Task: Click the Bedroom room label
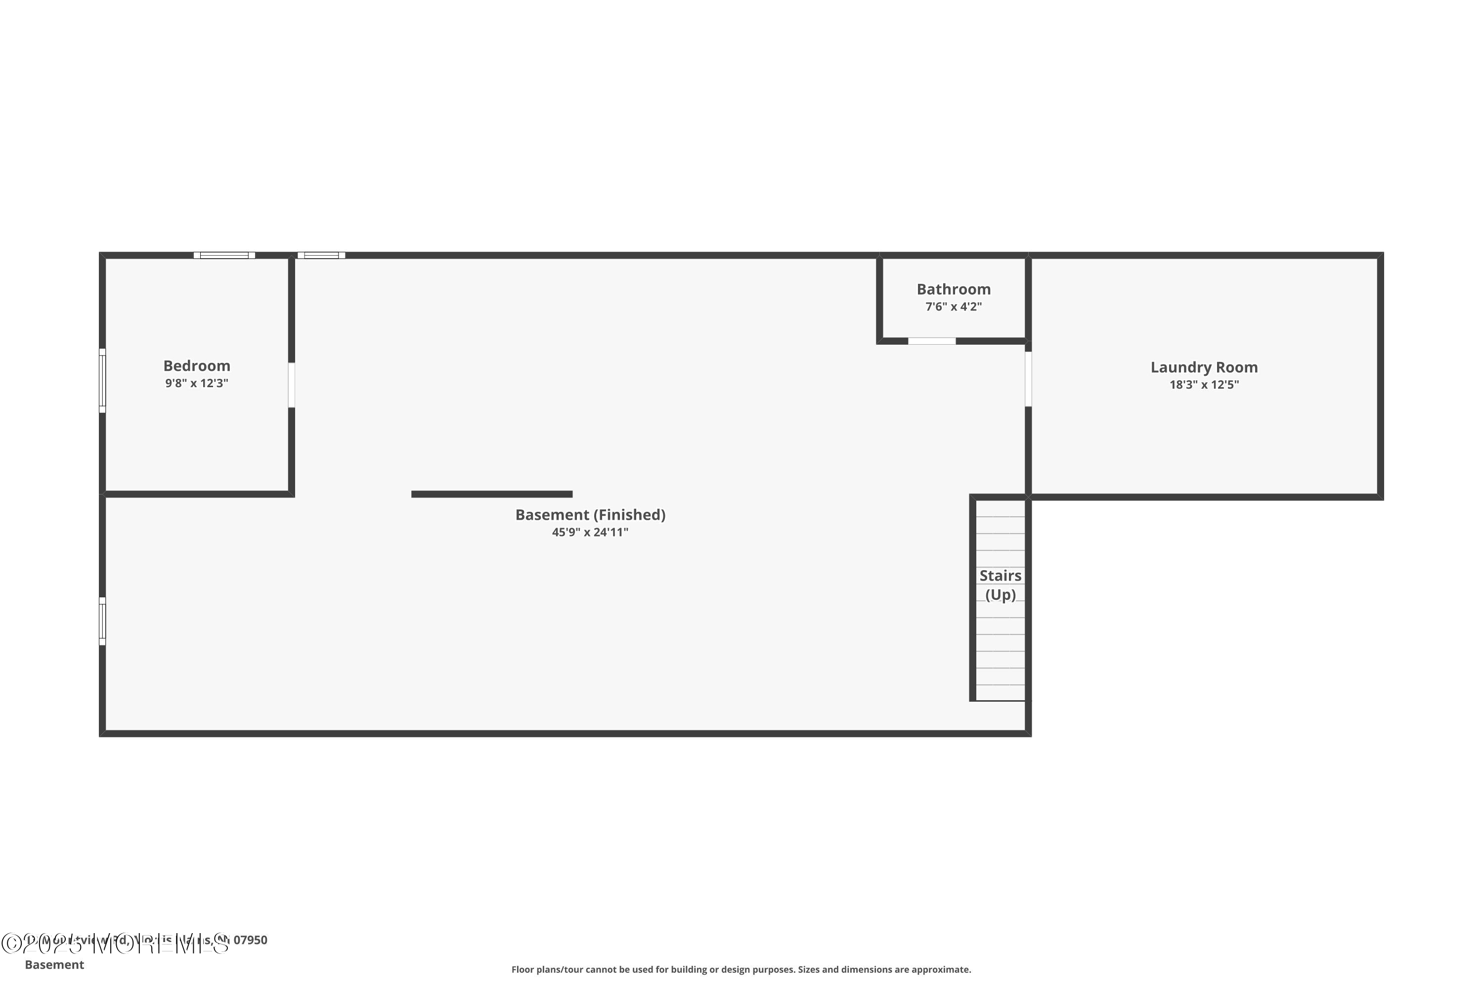click(x=197, y=366)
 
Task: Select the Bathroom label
click(x=954, y=289)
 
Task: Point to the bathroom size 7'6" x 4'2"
click(x=954, y=307)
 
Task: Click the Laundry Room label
click(x=1204, y=367)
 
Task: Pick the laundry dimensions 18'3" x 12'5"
click(x=1204, y=385)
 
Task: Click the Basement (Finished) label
click(x=590, y=515)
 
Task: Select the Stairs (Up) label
click(x=1000, y=584)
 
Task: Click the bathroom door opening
click(x=931, y=341)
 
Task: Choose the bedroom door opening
click(x=291, y=385)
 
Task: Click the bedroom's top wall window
click(x=224, y=256)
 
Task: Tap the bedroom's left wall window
click(x=102, y=380)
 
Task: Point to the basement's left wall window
click(x=102, y=621)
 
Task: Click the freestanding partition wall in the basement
click(x=492, y=494)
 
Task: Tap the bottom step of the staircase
click(x=1000, y=693)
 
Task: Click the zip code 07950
click(x=250, y=940)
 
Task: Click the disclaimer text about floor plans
click(x=741, y=969)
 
